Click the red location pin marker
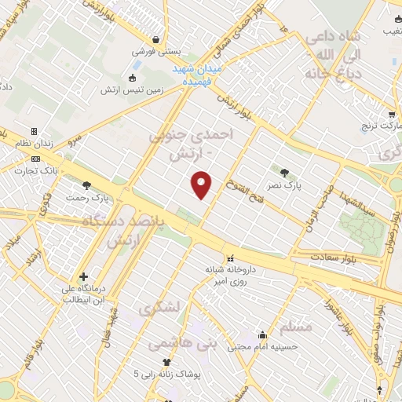202,184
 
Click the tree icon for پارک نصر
283,172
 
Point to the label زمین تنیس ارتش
131,90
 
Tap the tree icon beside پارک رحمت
86,185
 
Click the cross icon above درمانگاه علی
84,276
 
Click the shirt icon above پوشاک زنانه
166,362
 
